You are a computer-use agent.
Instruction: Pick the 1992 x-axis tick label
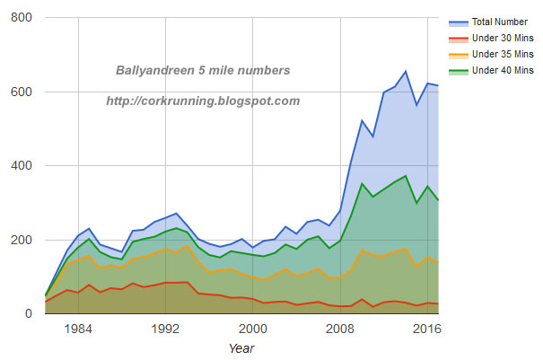coord(165,329)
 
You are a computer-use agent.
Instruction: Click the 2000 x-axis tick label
coord(252,329)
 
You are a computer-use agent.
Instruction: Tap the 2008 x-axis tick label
coord(340,329)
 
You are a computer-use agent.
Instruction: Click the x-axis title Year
coord(241,347)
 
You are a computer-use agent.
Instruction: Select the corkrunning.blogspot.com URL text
coord(203,101)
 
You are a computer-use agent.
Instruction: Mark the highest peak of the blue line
coord(406,72)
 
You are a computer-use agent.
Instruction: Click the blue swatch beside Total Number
coord(459,22)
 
